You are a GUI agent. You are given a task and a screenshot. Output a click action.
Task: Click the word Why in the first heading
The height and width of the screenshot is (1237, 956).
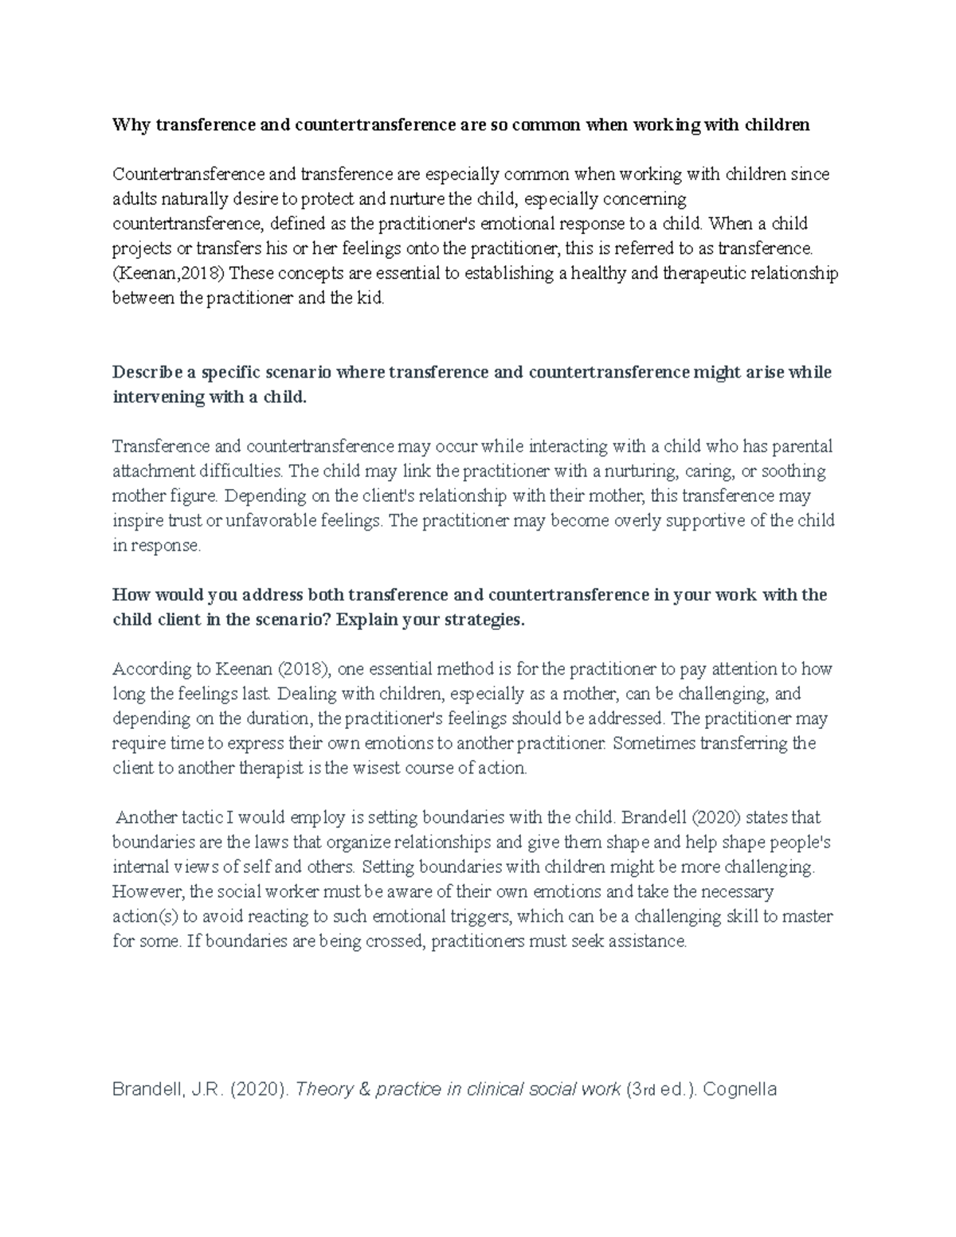131,124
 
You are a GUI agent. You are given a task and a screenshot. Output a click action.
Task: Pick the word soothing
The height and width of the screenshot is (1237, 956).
793,471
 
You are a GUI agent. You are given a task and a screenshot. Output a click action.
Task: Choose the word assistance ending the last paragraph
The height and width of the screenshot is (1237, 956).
646,941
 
